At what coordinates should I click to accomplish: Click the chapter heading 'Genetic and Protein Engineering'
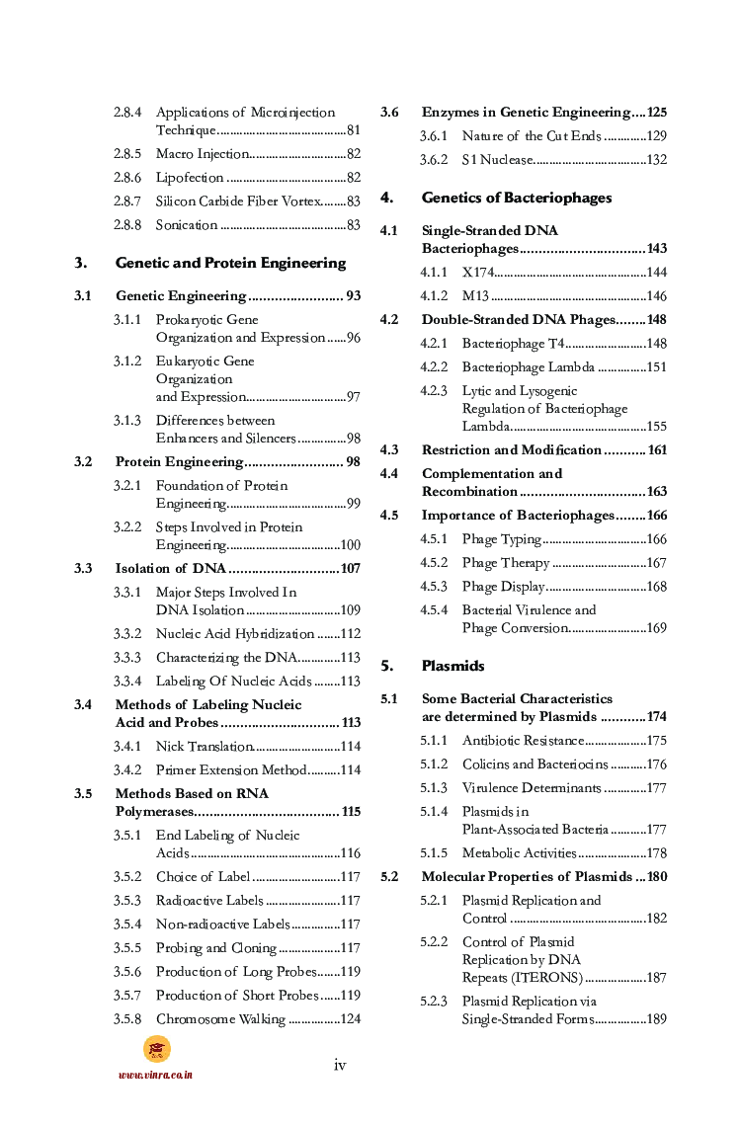230,263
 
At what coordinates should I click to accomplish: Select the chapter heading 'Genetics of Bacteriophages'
516,198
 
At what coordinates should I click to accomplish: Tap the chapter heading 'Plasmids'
453,666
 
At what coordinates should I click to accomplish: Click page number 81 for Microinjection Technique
353,130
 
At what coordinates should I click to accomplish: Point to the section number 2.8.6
126,178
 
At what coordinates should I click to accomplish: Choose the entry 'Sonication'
186,225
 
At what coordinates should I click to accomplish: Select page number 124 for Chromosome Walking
350,1019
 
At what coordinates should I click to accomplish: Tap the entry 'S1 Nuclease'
498,160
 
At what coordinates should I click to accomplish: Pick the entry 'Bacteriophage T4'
513,344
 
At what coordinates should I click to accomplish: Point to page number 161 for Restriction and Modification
656,450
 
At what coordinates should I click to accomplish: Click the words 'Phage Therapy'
505,563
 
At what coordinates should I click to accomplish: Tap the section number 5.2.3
434,1002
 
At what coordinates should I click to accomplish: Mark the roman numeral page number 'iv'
340,1065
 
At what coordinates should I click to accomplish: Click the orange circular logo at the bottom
156,1049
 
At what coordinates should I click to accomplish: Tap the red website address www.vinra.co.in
155,1075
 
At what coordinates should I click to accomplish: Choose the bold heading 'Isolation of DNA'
170,569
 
